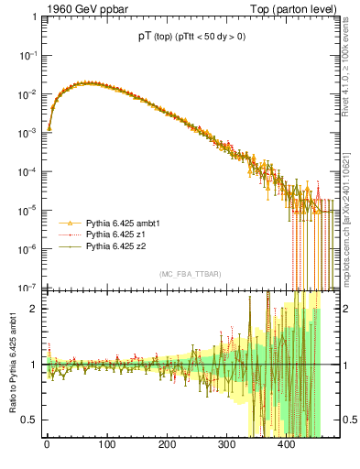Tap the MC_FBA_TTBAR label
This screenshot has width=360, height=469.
(x=186, y=274)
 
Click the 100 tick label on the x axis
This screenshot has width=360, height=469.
(x=106, y=446)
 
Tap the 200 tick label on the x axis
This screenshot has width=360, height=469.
(x=167, y=446)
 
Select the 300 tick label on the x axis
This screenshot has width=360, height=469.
(x=227, y=446)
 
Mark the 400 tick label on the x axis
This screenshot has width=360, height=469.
(x=288, y=446)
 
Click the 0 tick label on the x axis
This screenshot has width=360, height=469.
(x=46, y=446)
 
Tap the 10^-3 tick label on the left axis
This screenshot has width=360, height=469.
(x=27, y=133)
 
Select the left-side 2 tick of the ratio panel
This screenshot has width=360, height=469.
(x=35, y=308)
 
